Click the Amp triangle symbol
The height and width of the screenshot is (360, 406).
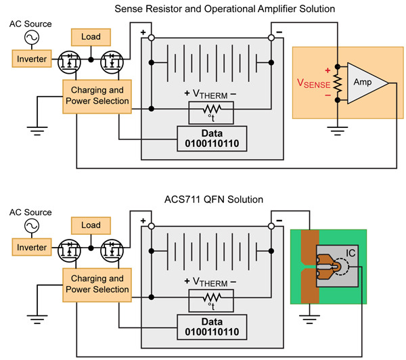[x=365, y=83]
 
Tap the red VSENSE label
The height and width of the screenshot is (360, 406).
[x=313, y=84]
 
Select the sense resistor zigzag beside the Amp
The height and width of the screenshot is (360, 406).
[x=338, y=83]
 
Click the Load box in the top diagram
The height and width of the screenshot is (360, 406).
[x=91, y=37]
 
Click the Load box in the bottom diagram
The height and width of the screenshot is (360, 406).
[x=91, y=225]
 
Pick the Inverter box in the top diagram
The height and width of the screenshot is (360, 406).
[x=32, y=59]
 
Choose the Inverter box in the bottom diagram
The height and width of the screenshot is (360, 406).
[x=32, y=248]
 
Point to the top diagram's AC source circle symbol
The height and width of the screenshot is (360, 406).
[x=32, y=37]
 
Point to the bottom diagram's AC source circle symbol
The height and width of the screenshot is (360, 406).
[x=32, y=226]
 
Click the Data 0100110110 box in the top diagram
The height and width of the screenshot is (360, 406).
[x=212, y=139]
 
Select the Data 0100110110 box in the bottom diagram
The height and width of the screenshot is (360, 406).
[x=212, y=327]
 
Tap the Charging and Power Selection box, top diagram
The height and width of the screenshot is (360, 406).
[x=97, y=97]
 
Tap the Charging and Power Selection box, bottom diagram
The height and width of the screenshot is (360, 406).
[x=97, y=285]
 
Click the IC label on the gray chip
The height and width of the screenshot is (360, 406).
[x=351, y=253]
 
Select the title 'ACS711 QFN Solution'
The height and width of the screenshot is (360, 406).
[x=214, y=200]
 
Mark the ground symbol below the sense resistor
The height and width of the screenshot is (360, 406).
[x=338, y=131]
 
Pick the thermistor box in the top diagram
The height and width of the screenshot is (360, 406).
[x=211, y=112]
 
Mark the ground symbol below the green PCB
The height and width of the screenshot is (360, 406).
[x=309, y=319]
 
